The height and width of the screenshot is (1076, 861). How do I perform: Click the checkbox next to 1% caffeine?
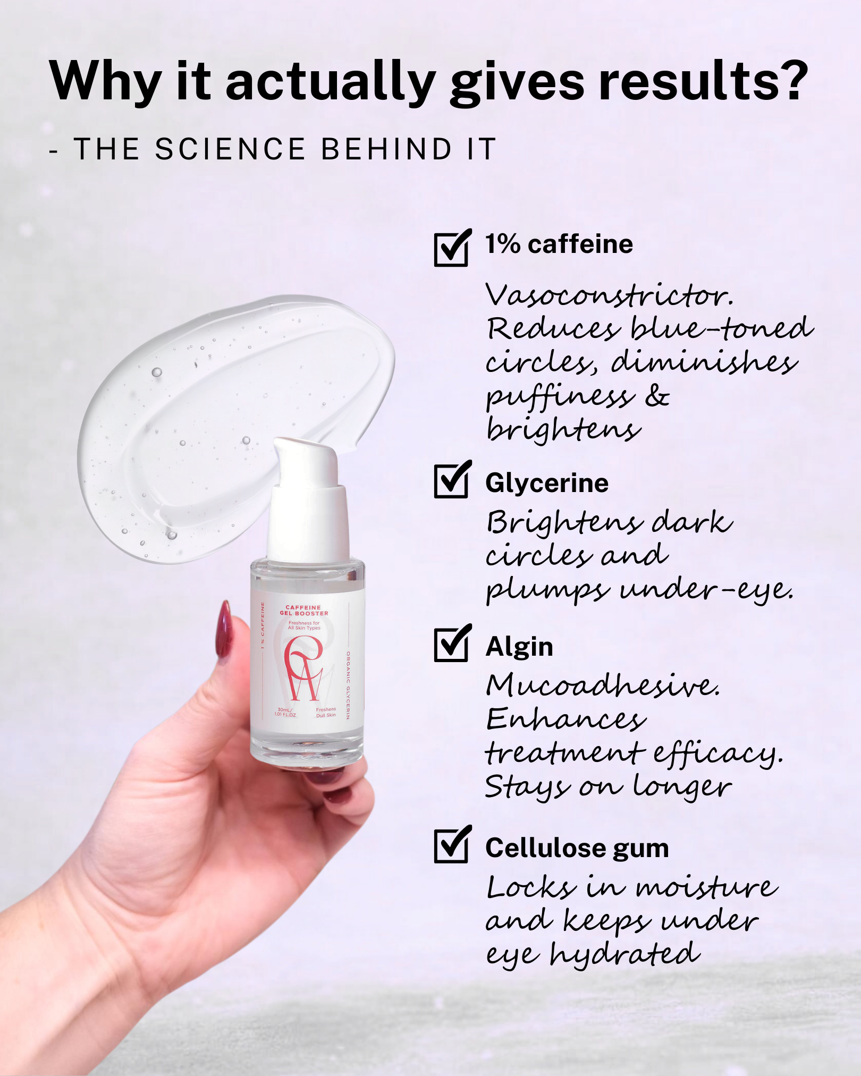452,248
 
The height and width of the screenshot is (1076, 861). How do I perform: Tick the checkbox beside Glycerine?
452,480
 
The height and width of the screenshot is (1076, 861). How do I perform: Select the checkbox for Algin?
452,643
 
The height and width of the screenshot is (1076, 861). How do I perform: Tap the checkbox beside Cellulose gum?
452,844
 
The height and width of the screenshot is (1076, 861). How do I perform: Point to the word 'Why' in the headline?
105,82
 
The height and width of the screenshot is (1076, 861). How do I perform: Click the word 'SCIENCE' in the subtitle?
230,149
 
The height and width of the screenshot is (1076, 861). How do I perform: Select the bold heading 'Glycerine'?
547,484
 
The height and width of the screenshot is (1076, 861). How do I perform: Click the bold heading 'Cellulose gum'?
577,848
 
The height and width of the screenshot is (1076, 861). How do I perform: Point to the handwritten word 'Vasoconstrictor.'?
610,295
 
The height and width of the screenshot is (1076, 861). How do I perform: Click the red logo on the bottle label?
303,668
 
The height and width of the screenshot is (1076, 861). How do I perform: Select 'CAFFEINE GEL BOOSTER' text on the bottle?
304,610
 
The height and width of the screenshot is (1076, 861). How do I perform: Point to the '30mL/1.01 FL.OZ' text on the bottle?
285,712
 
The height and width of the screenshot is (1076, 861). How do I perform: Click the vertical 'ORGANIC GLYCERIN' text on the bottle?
348,685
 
